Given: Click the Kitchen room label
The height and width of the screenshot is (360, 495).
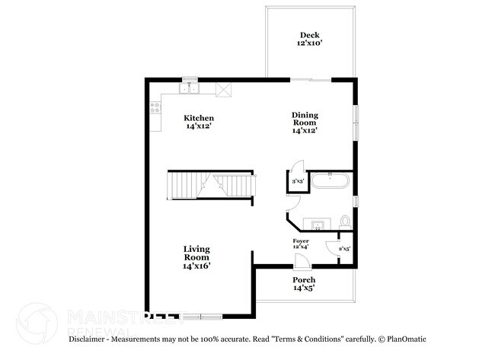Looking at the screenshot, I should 199,118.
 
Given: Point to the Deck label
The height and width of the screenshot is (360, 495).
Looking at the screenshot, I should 309,35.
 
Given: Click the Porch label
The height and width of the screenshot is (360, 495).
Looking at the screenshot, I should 304,280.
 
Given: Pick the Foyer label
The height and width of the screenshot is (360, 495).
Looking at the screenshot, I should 301,241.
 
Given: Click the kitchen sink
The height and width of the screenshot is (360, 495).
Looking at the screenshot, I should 188,89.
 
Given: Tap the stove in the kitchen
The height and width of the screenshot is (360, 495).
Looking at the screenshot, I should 155,109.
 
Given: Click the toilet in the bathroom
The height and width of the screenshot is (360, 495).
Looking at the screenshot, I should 345,221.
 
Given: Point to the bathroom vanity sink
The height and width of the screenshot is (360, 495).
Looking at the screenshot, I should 318,223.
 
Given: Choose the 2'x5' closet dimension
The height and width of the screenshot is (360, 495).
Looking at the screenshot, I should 343,249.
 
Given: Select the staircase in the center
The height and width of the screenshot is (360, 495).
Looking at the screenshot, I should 209,186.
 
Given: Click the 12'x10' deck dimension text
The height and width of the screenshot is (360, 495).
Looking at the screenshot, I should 309,44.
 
